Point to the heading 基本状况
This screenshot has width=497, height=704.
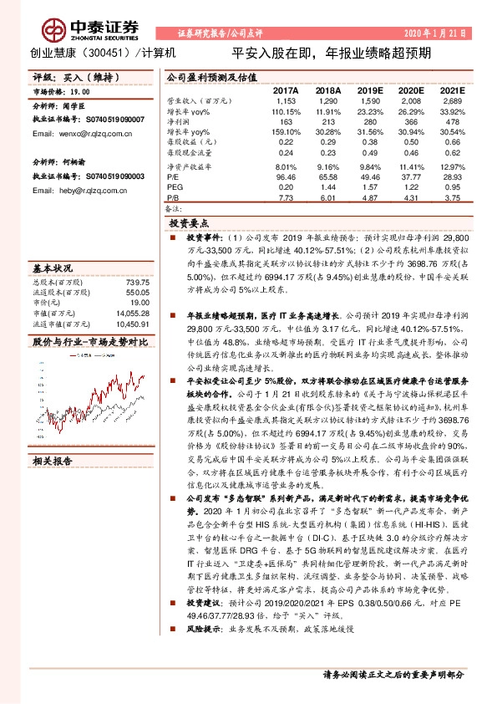click(x=52, y=269)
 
